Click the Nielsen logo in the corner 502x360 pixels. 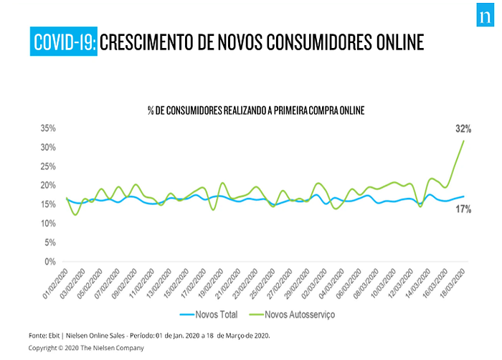pyautogui.click(x=482, y=18)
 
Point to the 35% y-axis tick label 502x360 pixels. pyautogui.click(x=48, y=128)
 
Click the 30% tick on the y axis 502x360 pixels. pyautogui.click(x=48, y=148)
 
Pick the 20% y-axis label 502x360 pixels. pyautogui.click(x=48, y=186)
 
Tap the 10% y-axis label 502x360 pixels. pyautogui.click(x=48, y=224)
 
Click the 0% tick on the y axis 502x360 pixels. pyautogui.click(x=50, y=262)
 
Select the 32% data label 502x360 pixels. pyautogui.click(x=463, y=129)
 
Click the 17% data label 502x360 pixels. pyautogui.click(x=463, y=209)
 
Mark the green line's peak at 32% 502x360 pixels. pyautogui.click(x=464, y=140)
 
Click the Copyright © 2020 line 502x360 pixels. pyautogui.click(x=86, y=348)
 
